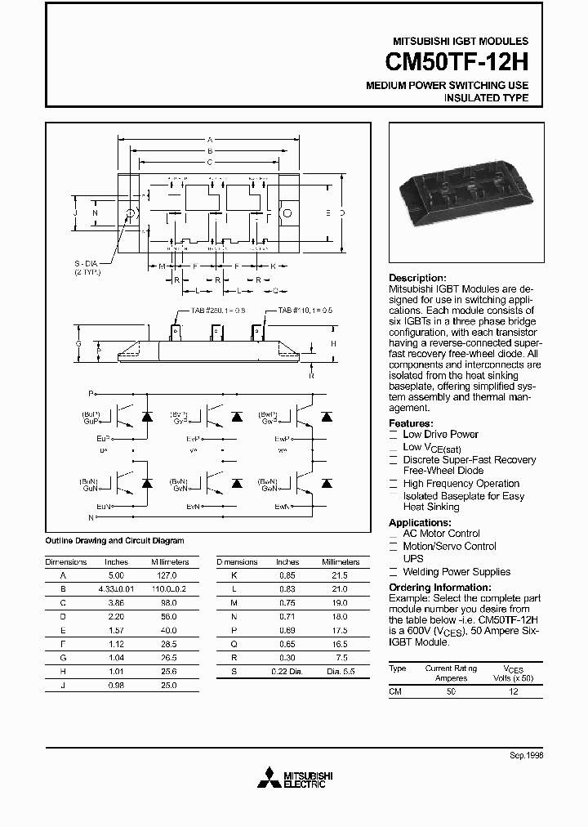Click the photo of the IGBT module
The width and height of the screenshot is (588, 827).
point(461,190)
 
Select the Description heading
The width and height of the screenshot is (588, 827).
point(417,278)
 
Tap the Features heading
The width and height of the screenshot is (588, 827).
point(411,423)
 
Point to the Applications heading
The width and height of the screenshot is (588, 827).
point(420,522)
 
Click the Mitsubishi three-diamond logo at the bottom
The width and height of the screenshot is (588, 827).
point(265,780)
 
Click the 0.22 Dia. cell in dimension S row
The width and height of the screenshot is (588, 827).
point(287,671)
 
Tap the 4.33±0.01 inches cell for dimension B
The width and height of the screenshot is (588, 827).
point(117,588)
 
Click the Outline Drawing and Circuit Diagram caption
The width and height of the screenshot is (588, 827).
point(114,540)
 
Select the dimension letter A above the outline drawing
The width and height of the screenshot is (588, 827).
point(210,140)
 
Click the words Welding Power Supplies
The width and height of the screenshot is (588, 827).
point(457,572)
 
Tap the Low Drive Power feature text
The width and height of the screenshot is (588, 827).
point(440,434)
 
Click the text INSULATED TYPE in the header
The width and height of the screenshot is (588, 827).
point(486,98)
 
